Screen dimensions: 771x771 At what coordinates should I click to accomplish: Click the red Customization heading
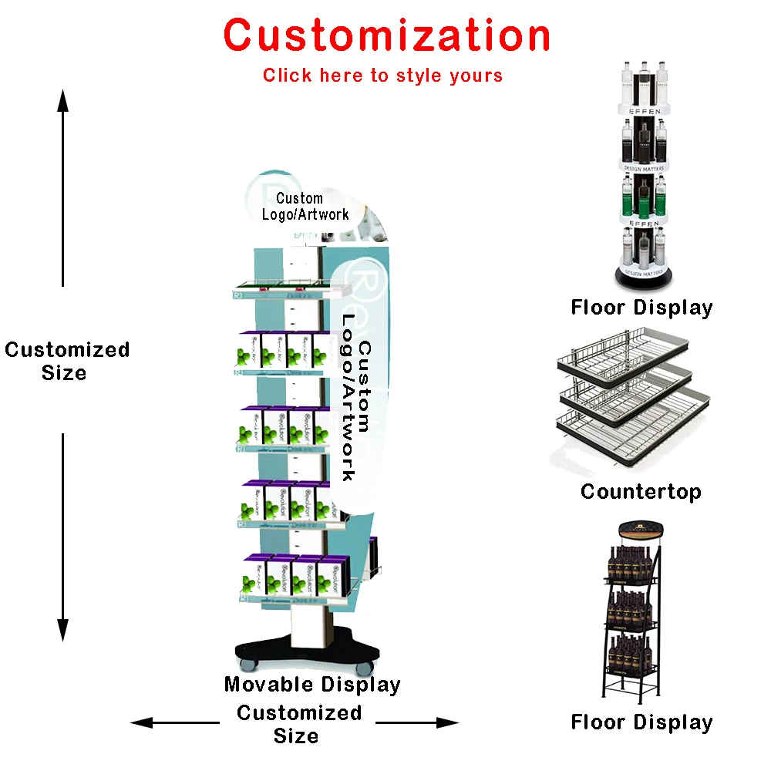(387, 35)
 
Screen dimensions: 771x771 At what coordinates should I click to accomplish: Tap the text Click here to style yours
(382, 76)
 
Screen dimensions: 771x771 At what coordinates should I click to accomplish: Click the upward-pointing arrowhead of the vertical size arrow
(63, 100)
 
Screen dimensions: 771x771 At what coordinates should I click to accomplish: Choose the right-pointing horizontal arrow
(418, 722)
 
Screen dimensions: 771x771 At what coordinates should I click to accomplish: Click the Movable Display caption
(312, 684)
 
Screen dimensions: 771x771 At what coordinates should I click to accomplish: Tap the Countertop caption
(641, 491)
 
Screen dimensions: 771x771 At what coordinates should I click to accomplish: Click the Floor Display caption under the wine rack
(641, 722)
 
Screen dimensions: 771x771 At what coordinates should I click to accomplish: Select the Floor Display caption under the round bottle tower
(641, 308)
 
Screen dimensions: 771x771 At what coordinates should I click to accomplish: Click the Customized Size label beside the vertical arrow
(66, 361)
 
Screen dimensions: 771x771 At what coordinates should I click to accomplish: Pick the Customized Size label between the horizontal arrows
(298, 724)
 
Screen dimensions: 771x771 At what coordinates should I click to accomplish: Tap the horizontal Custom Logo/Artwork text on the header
(305, 207)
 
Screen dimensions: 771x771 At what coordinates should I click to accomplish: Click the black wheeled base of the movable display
(308, 652)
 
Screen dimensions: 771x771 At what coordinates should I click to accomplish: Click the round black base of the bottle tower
(644, 276)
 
